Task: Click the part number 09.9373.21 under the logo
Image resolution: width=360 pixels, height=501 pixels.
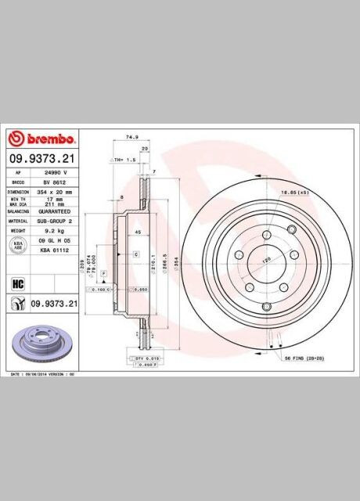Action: pos(42,157)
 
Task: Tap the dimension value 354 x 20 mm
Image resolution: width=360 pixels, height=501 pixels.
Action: pos(56,191)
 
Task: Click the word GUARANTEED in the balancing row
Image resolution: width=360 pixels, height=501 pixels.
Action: pos(56,211)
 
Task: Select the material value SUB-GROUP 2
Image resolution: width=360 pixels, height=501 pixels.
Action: pos(56,222)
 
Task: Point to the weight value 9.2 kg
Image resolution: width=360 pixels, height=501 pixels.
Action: pos(53,232)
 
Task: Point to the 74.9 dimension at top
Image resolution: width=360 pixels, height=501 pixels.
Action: pos(131,136)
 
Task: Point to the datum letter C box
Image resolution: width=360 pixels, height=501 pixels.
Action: pos(136,255)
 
